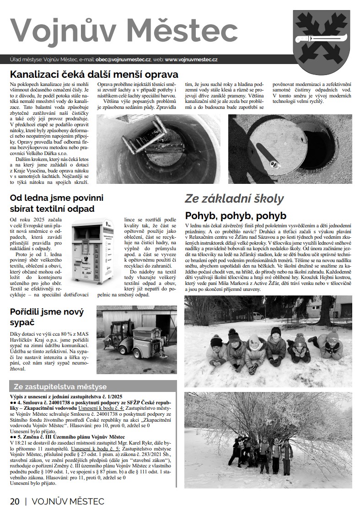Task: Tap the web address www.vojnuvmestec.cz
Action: click(191, 59)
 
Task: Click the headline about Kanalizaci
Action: click(94, 75)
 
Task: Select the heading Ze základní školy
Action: click(234, 199)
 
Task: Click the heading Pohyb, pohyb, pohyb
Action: click(235, 215)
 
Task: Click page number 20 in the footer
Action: click(15, 501)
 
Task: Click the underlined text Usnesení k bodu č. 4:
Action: click(99, 408)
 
